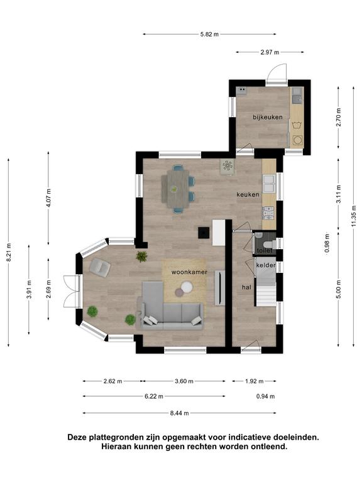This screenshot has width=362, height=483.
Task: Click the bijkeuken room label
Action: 268,118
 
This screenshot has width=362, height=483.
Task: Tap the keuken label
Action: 248,195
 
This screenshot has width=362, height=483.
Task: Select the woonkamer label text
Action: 189,272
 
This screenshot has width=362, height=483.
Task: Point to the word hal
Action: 246,287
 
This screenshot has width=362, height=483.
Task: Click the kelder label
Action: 266,265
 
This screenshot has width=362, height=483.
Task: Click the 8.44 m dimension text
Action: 180,413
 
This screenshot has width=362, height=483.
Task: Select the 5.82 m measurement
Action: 209,34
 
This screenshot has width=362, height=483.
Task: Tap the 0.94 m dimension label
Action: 265,396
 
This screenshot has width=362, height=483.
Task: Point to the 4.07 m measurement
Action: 49,198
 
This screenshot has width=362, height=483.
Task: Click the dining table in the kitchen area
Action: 175,189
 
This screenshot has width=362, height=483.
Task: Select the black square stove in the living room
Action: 204,233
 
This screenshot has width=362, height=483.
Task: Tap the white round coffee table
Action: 187,287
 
